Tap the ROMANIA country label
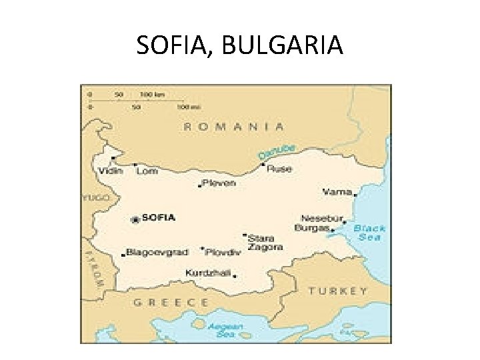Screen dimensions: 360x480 coord(233,125)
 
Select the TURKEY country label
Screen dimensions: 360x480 coord(337,291)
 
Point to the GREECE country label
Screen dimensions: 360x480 coord(171,302)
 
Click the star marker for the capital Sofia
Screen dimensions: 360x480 coord(136,219)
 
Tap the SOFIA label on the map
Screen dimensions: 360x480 coord(159,217)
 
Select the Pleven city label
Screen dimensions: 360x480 coord(219,183)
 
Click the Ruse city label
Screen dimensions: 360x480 coord(279,169)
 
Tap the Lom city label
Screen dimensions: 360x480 coord(147,171)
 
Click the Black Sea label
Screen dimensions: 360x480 coord(369,233)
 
